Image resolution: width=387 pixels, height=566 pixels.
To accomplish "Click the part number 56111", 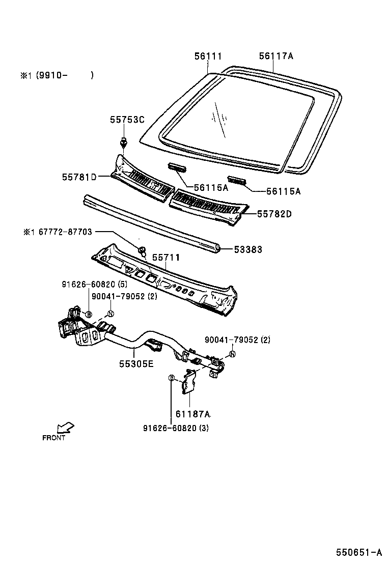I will click(208, 56).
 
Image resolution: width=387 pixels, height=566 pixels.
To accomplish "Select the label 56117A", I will click(276, 56).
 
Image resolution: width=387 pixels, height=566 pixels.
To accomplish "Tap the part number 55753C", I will click(127, 120).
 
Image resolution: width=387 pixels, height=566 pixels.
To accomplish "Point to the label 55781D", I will click(79, 177).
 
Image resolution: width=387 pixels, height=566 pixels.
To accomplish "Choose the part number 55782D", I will click(274, 214).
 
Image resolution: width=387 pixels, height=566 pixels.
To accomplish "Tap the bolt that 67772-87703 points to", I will click(143, 250).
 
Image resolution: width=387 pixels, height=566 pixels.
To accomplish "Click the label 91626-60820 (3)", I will click(176, 428).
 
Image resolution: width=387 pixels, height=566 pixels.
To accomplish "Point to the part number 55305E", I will click(137, 364).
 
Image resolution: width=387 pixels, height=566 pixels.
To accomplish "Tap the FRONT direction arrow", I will click(66, 427).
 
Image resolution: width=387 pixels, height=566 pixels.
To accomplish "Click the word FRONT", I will click(53, 438).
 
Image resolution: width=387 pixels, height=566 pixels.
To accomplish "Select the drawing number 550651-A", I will click(358, 552).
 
